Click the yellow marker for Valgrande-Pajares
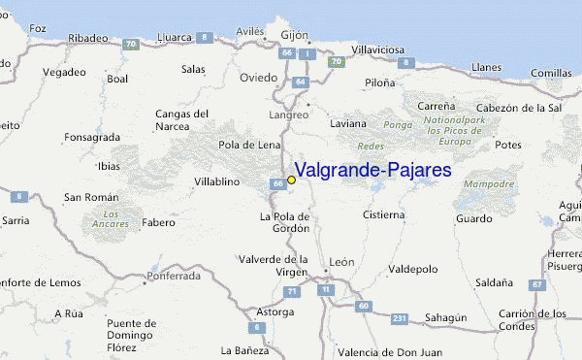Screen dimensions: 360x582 point(291,180)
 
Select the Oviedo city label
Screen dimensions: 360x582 point(259,78)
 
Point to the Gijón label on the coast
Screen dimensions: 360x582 point(294,35)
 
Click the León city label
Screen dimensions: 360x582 point(341,261)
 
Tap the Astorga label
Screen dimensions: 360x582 point(274,312)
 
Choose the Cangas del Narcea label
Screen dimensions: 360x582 point(182,119)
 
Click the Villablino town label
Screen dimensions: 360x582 point(217,181)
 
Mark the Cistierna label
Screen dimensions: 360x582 point(383,214)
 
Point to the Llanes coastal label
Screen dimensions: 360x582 point(486,67)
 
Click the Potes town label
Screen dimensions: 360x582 point(508,145)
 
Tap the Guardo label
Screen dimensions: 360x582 point(474,219)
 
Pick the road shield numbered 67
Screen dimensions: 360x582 point(536,284)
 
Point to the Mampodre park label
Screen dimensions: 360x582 point(489,183)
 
